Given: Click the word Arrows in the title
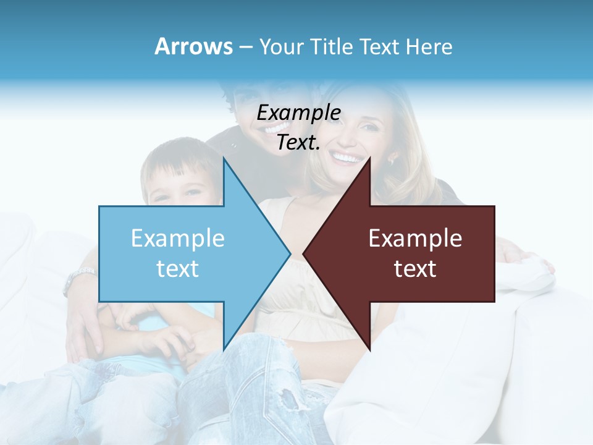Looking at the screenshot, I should [193, 46].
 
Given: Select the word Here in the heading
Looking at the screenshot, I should [429, 47].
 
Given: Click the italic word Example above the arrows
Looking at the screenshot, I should [299, 113].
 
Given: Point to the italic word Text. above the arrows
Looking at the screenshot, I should [298, 143].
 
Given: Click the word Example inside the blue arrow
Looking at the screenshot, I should [178, 238].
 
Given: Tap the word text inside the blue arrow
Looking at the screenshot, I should [178, 268].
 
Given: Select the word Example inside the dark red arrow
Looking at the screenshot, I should [415, 238].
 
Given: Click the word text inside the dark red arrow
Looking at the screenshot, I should [415, 268].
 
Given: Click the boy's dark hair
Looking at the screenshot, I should [176, 158].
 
